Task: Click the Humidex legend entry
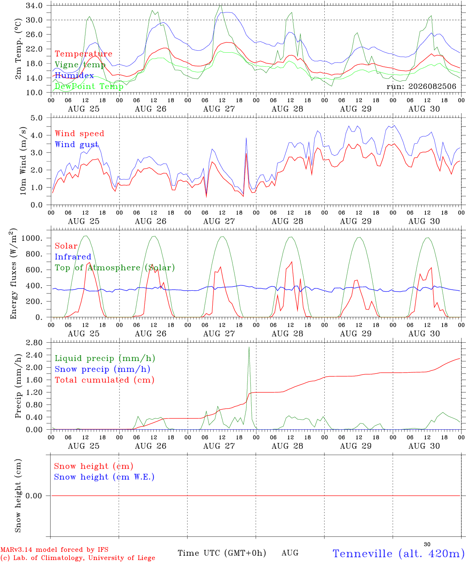pyautogui.click(x=74, y=75)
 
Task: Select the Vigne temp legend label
pyautogui.click(x=80, y=65)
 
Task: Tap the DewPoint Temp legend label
pyautogui.click(x=89, y=86)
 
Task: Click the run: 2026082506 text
pyautogui.click(x=421, y=86)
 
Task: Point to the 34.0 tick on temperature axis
pyautogui.click(x=34, y=5)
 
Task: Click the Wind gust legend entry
pyautogui.click(x=77, y=144)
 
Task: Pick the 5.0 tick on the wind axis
pyautogui.click(x=36, y=118)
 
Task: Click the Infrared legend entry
pyautogui.click(x=73, y=256)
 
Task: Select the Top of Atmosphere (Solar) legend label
pyautogui.click(x=115, y=268)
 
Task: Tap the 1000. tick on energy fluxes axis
pyautogui.click(x=32, y=238)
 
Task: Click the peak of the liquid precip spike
pyautogui.click(x=249, y=347)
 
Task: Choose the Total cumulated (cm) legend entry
pyautogui.click(x=105, y=380)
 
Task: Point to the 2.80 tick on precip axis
pyautogui.click(x=34, y=343)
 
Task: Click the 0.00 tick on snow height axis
pyautogui.click(x=34, y=496)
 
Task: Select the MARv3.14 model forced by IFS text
pyautogui.click(x=54, y=550)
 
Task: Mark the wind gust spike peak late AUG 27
pyautogui.click(x=246, y=138)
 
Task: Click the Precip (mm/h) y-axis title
pyautogui.click(x=18, y=386)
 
